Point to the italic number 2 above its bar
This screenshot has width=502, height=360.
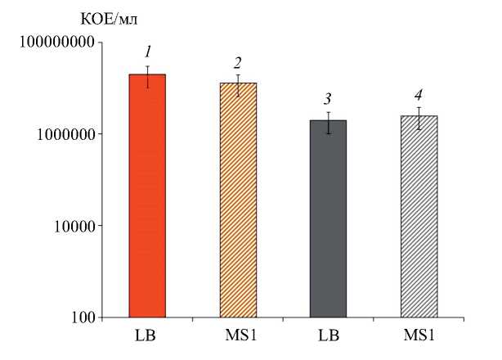click(238, 63)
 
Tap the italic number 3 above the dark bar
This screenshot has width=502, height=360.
click(328, 100)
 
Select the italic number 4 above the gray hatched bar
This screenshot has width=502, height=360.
click(419, 95)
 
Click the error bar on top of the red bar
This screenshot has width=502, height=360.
click(147, 76)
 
